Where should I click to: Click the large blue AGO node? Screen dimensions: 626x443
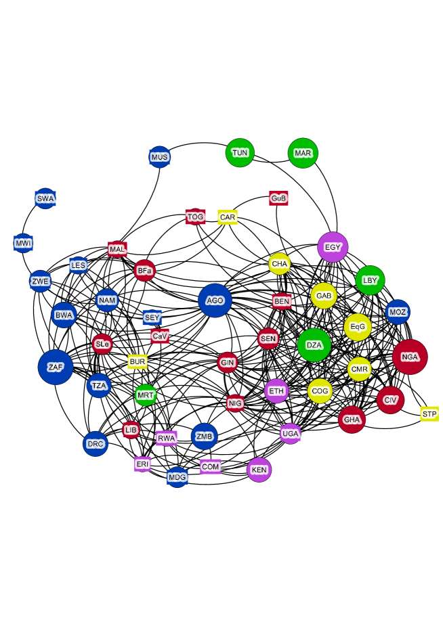pos(215,300)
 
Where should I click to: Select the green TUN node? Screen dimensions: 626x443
pos(240,153)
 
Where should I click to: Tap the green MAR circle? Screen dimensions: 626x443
pos(303,153)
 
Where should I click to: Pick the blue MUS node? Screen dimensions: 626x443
pos(159,158)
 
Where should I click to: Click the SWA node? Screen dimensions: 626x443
pos(45,198)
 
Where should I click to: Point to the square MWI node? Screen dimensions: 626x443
pos(23,243)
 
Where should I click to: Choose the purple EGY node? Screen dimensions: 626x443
pos(333,247)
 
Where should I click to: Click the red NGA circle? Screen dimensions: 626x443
pos(410,357)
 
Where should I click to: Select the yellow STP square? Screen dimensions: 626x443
pos(429,413)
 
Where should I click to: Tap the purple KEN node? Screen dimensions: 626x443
pos(259,469)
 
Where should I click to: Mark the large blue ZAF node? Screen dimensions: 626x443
pos(56,367)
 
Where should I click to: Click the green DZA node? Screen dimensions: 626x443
pos(314,345)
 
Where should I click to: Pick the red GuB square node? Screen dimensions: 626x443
pos(278,198)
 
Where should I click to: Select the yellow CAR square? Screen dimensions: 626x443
pos(228,217)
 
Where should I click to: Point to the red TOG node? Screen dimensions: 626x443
pos(195,217)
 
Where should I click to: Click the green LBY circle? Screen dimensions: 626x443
pos(370,280)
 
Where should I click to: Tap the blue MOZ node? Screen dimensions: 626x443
pos(398,312)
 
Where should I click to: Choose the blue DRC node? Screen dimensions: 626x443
pos(96,444)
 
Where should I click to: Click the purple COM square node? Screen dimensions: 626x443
pos(211,466)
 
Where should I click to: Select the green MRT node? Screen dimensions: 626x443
pos(146,395)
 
